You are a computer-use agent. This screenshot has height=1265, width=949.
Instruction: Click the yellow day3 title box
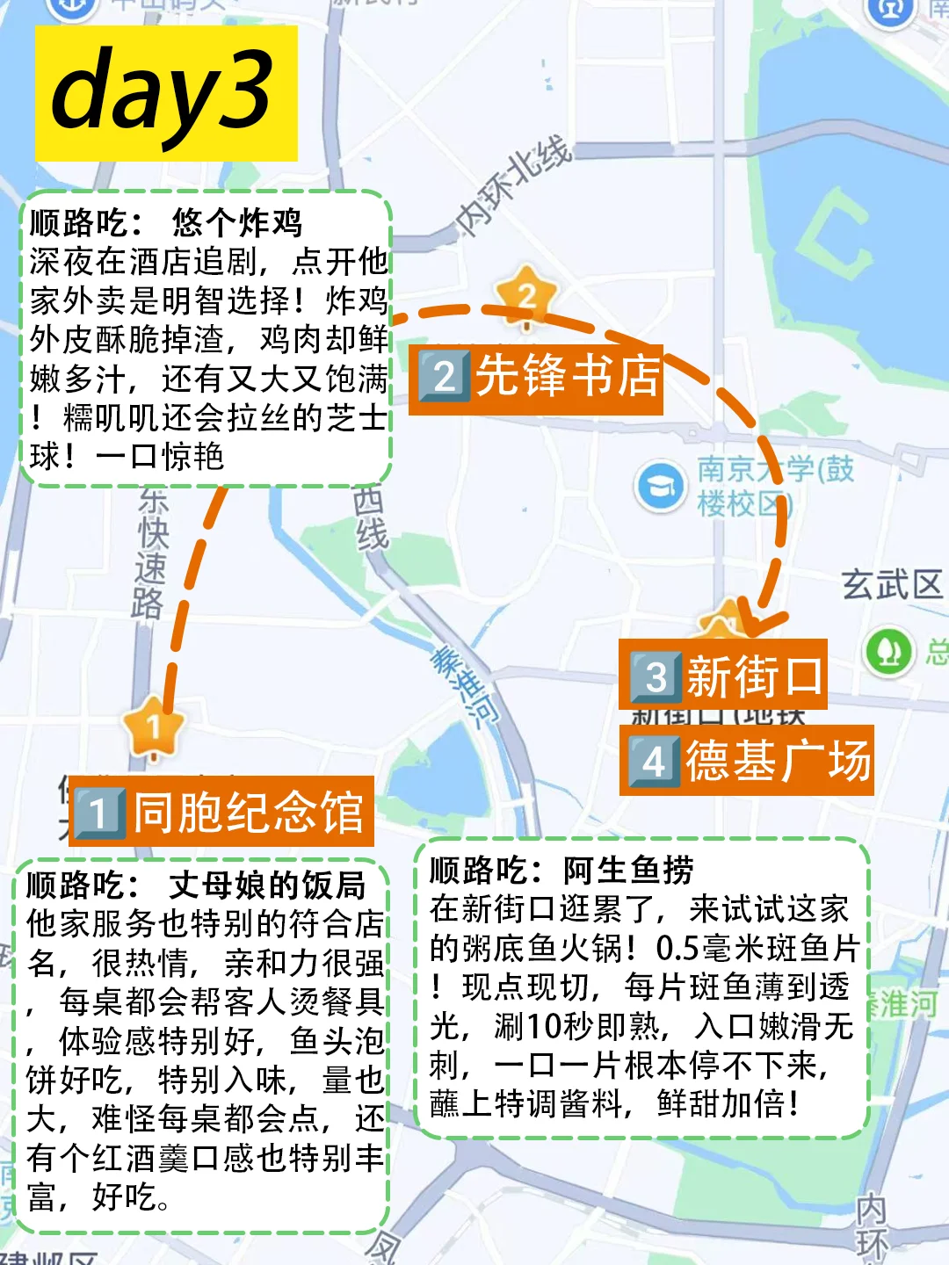[166, 93]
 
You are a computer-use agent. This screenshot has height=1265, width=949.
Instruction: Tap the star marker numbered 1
[154, 726]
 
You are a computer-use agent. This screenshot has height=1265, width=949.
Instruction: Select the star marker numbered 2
[526, 295]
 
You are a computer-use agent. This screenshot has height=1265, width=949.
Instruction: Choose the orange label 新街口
[724, 676]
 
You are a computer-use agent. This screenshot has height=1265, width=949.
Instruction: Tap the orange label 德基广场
[747, 761]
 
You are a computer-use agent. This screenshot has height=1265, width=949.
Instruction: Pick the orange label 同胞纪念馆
[221, 812]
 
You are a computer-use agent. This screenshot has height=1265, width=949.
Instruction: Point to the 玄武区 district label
[891, 584]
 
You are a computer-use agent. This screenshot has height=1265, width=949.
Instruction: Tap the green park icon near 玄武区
[889, 651]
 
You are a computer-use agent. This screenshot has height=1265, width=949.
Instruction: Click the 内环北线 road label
[514, 186]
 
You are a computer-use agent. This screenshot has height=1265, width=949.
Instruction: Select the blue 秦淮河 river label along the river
[463, 685]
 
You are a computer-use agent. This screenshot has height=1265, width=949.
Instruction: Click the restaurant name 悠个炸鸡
[237, 223]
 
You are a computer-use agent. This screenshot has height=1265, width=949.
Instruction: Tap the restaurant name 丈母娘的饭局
[267, 885]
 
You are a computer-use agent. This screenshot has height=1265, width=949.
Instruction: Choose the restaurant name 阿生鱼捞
[628, 871]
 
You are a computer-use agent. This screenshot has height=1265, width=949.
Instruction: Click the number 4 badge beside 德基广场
[653, 762]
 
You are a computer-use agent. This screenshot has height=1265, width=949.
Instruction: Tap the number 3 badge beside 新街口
[656, 676]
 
